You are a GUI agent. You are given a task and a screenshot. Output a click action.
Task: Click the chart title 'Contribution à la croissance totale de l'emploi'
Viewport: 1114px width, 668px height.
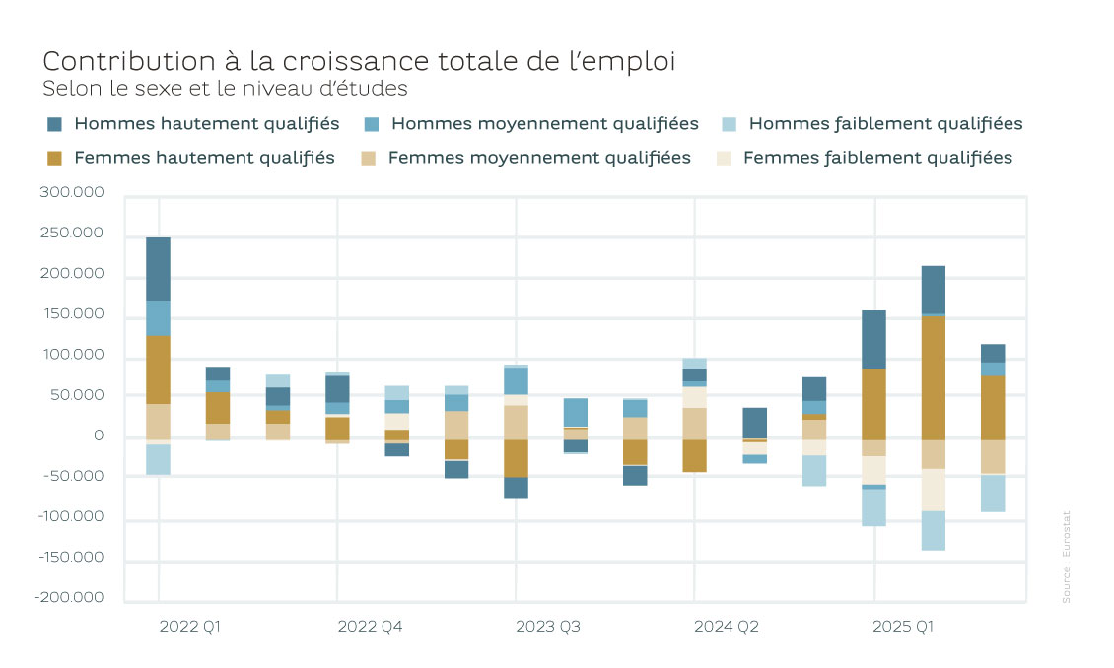click(x=359, y=61)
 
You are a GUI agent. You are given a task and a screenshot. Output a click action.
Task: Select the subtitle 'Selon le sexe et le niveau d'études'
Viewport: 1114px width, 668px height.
click(x=225, y=89)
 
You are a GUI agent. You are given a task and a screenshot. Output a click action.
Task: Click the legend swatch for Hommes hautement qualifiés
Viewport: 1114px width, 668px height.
click(x=55, y=124)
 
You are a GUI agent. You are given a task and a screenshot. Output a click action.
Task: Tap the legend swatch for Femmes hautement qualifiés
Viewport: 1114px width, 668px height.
click(x=55, y=158)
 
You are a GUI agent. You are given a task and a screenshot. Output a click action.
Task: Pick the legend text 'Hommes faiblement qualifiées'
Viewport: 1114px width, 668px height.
click(x=885, y=124)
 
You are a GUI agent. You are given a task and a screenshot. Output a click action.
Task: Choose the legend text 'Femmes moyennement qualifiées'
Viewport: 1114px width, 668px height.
click(x=539, y=158)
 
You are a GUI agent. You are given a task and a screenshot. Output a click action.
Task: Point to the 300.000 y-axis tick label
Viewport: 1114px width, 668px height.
click(x=72, y=193)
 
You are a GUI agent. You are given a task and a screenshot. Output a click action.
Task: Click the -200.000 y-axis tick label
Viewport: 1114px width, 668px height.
click(x=70, y=598)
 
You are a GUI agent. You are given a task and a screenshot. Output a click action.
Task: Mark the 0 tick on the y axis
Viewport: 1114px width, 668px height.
click(x=98, y=436)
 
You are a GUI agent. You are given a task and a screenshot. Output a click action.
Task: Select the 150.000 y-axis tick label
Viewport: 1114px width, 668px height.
click(x=72, y=315)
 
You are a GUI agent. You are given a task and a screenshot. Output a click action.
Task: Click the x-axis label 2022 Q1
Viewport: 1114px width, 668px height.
click(x=190, y=627)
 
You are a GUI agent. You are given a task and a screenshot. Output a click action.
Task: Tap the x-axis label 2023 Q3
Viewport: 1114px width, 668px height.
click(x=547, y=627)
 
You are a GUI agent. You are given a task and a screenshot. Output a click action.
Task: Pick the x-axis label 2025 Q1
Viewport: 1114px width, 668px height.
click(x=904, y=627)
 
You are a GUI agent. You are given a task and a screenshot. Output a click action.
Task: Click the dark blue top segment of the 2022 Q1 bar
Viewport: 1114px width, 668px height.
click(x=158, y=269)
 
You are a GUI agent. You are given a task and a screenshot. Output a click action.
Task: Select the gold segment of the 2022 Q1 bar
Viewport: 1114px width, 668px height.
click(x=158, y=369)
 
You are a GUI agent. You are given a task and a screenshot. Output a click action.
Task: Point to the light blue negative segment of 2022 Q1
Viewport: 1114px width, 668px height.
click(x=158, y=459)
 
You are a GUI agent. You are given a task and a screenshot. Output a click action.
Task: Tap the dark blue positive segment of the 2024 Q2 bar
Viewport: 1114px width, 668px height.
click(x=754, y=423)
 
